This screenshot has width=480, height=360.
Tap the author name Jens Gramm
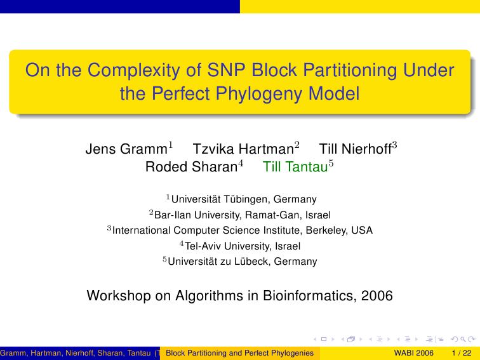(126, 149)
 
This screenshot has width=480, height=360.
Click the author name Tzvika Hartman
(243, 149)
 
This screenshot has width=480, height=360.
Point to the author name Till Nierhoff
(356, 149)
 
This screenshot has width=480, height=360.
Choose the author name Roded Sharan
(191, 167)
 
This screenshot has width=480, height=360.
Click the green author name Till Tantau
(295, 167)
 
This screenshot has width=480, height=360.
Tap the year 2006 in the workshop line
(377, 296)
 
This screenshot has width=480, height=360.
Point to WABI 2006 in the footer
(413, 353)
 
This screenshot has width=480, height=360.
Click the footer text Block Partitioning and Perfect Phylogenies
(240, 353)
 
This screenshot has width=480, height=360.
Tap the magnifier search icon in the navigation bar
(463, 339)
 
